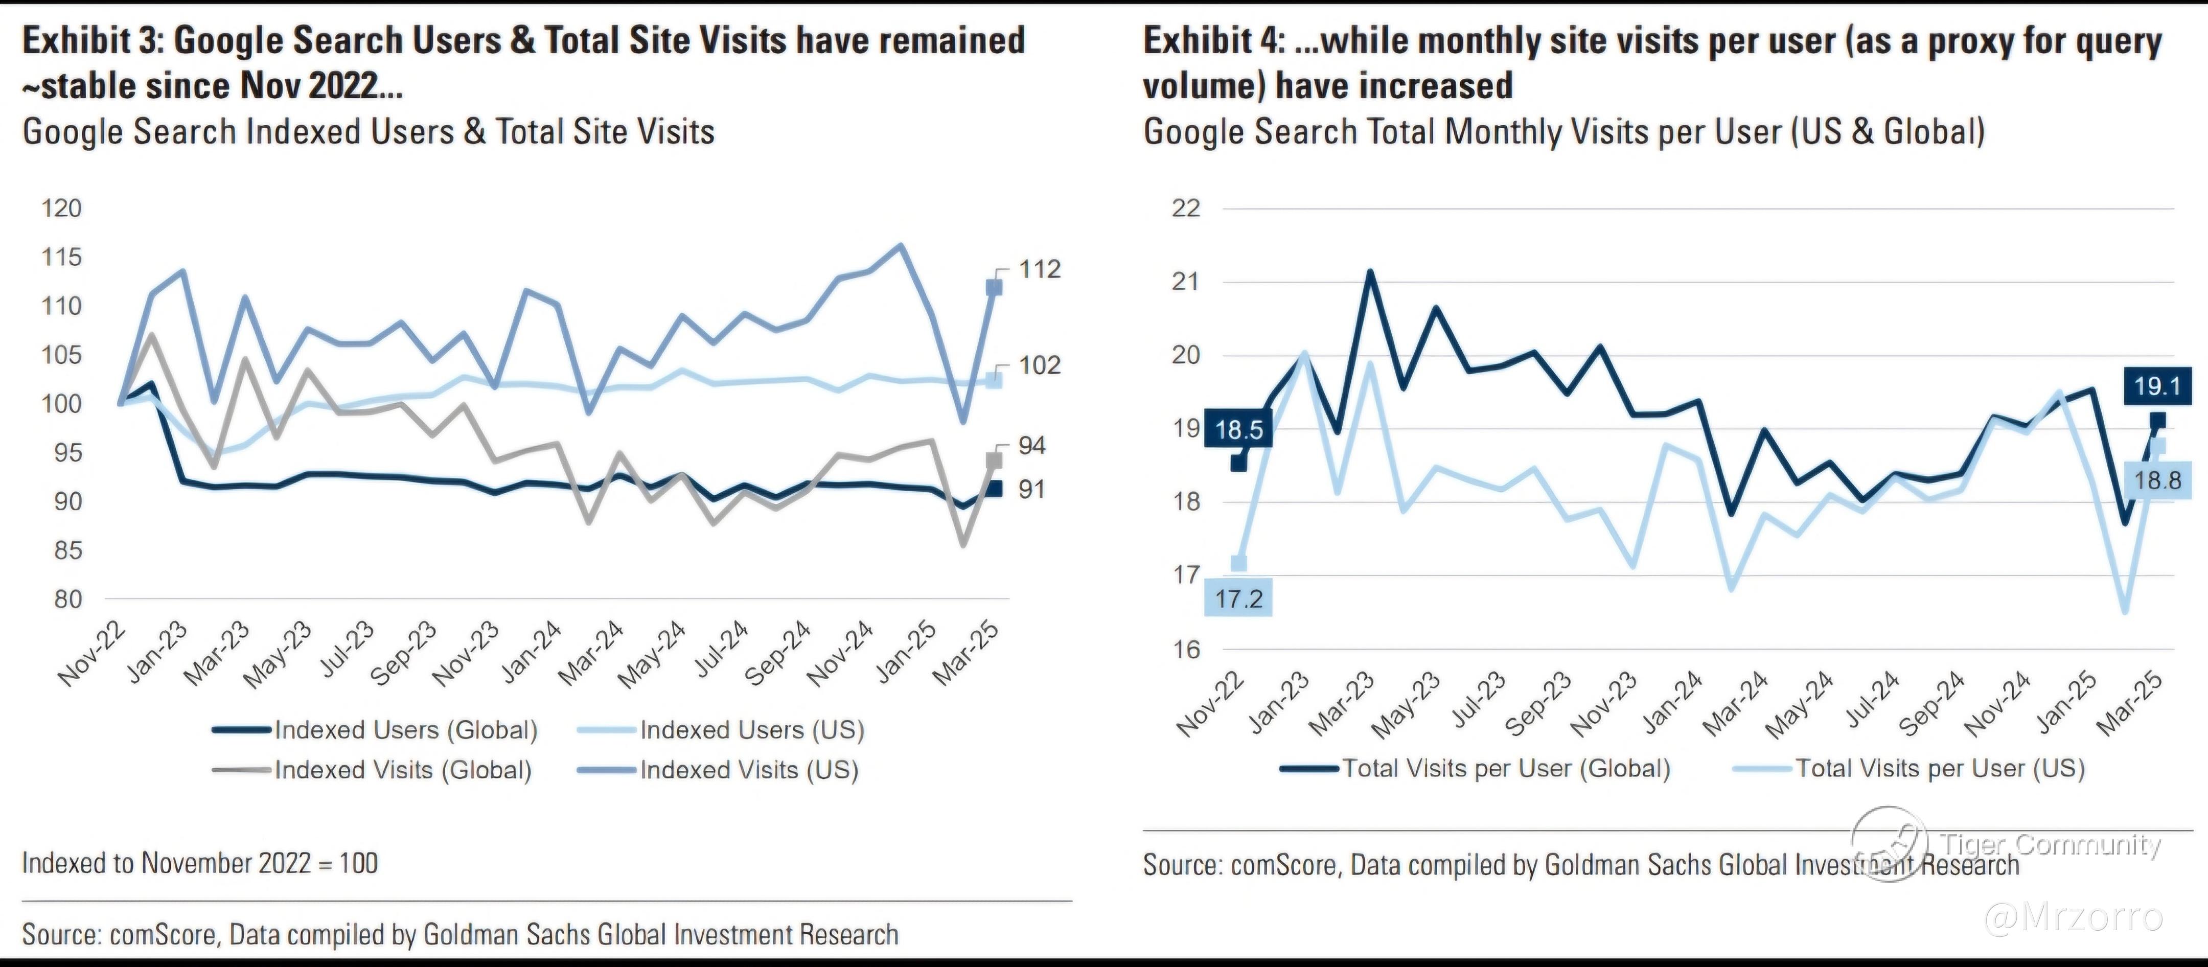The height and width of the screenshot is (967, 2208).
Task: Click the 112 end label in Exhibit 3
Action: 1040,269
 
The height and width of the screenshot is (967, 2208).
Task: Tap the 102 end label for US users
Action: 1040,365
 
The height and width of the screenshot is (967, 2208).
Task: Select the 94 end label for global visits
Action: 1032,445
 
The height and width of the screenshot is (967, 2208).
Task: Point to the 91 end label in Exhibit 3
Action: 1031,490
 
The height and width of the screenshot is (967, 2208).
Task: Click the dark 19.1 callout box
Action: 2156,386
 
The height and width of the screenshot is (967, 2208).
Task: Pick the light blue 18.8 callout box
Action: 2156,479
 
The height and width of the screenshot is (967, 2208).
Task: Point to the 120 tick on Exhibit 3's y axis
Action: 62,209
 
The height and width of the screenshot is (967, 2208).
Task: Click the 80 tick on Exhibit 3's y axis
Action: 67,599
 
